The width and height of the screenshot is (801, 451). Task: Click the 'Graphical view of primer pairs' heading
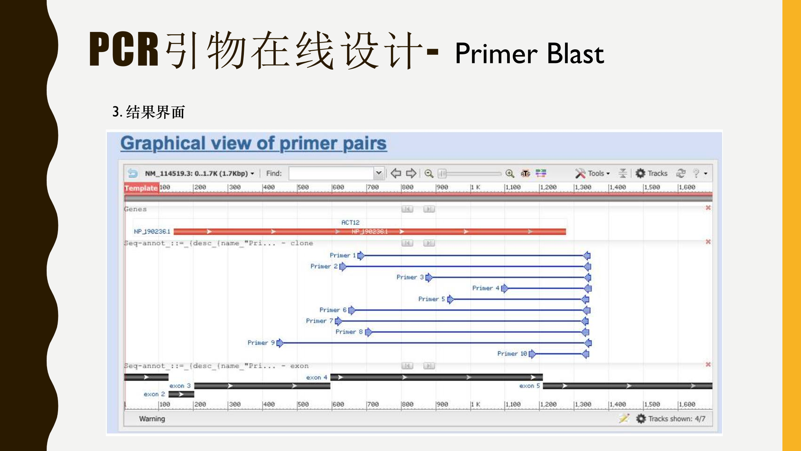click(253, 143)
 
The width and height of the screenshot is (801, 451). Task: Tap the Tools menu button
click(593, 173)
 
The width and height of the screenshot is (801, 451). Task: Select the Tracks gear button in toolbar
click(652, 173)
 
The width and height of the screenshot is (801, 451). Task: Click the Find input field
click(331, 173)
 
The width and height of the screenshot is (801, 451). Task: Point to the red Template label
click(141, 188)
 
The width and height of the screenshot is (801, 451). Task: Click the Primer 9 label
click(261, 343)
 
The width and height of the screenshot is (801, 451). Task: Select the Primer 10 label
click(512, 354)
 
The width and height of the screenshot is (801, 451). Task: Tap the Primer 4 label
click(485, 288)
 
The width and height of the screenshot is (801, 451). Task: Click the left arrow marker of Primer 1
click(361, 255)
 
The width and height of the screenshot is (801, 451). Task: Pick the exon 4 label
click(316, 377)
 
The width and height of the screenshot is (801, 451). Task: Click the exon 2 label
click(154, 394)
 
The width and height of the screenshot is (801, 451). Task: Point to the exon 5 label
click(529, 386)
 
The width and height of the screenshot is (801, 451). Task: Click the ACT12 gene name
click(350, 222)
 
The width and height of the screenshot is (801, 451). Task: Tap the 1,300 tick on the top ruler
click(582, 187)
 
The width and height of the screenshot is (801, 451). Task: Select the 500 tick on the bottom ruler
click(303, 404)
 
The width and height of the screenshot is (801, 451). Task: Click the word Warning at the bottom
click(152, 419)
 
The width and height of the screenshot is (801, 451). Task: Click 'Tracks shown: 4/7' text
click(676, 419)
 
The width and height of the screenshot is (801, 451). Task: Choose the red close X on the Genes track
click(708, 208)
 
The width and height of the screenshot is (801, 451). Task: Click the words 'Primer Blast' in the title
click(529, 53)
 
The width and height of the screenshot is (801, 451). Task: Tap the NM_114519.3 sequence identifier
click(169, 173)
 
